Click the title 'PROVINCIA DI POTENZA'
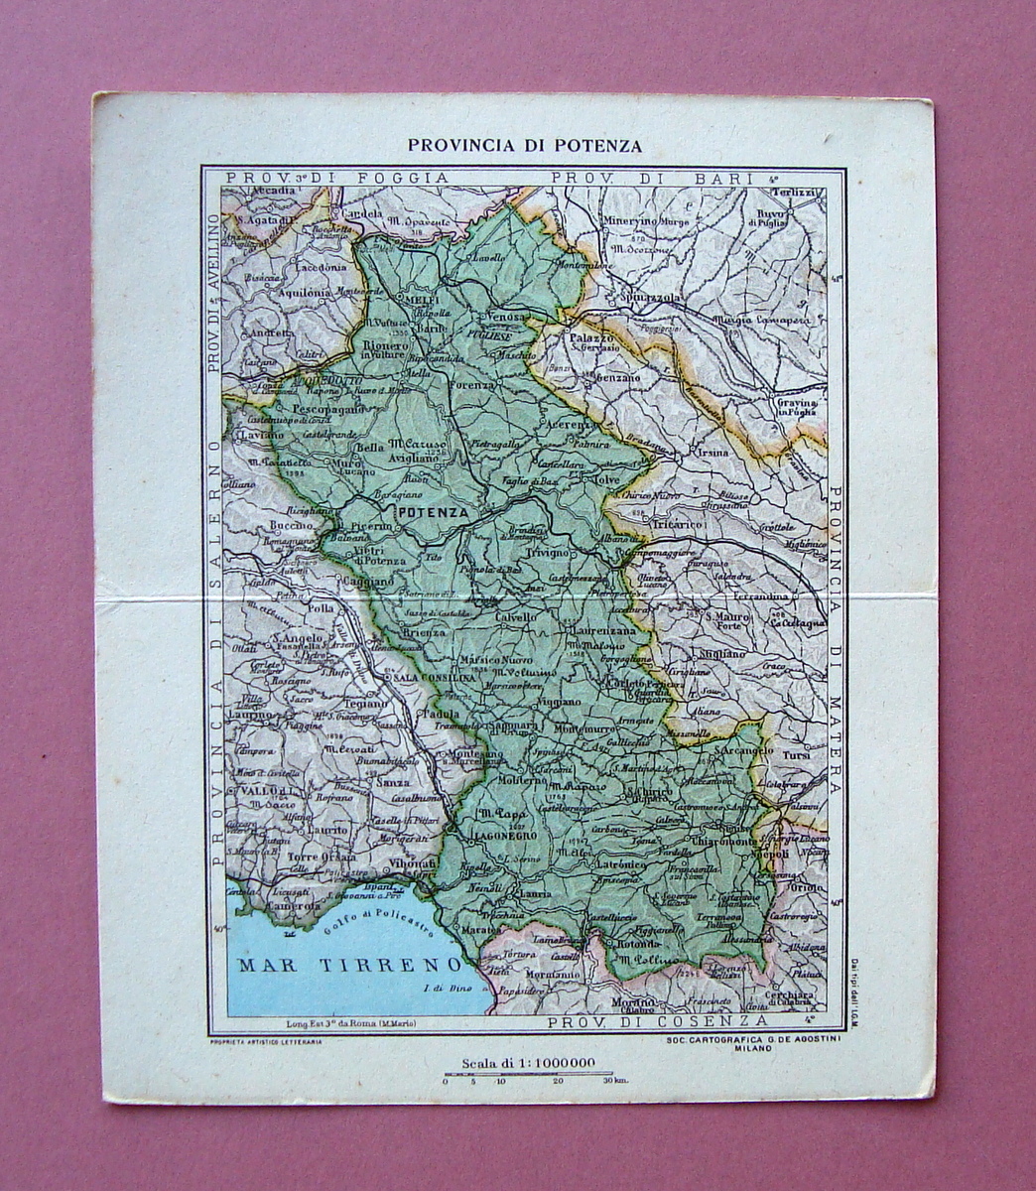click(x=524, y=145)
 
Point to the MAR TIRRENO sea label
click(x=347, y=965)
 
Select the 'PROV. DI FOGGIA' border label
click(x=337, y=178)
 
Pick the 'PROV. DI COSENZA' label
click(x=657, y=1020)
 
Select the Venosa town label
click(x=506, y=316)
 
